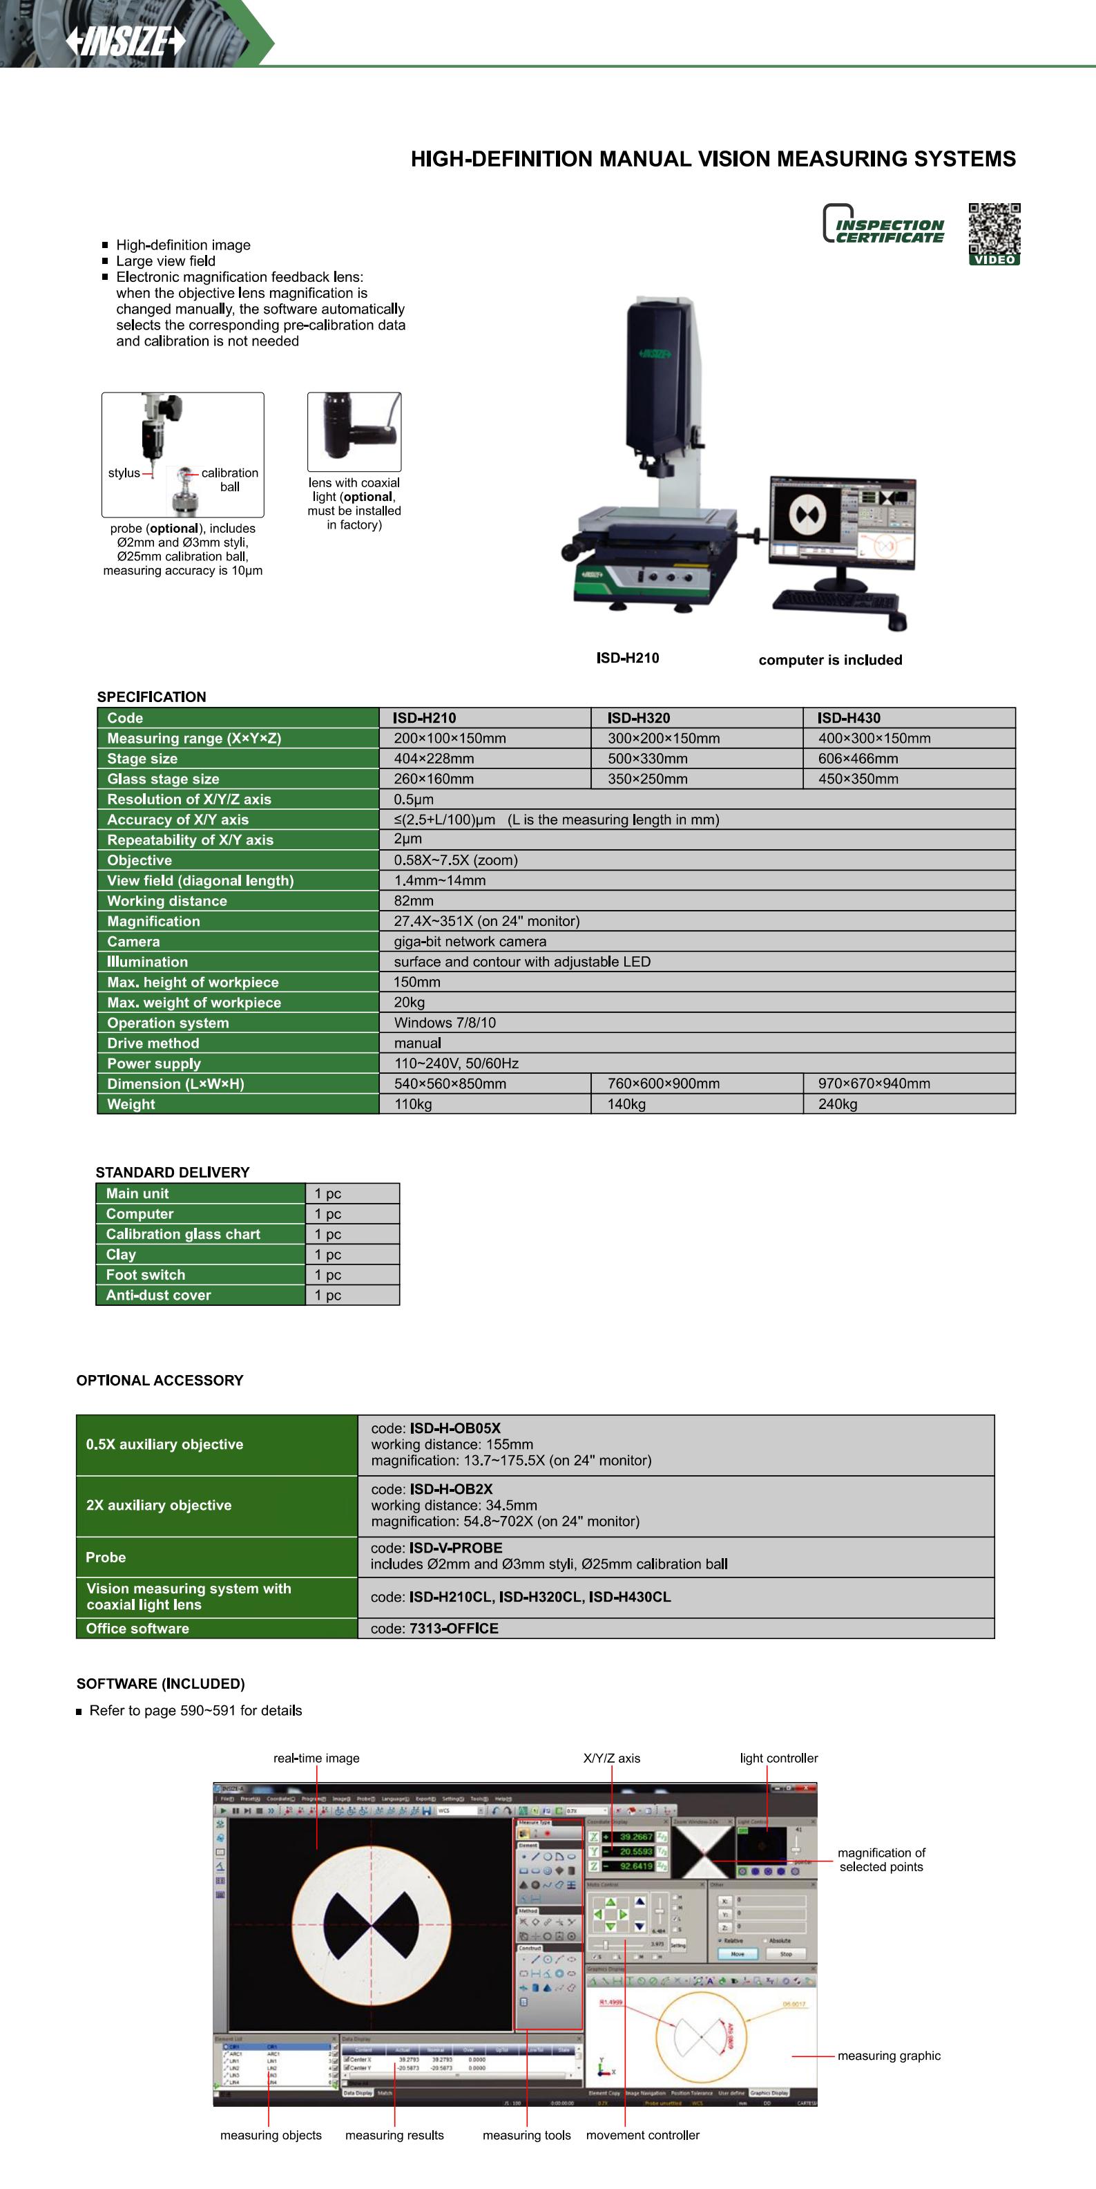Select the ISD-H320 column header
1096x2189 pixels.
click(x=638, y=718)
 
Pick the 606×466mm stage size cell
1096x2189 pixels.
click(x=858, y=759)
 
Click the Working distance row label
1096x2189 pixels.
click(x=166, y=901)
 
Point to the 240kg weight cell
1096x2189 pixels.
click(x=838, y=1104)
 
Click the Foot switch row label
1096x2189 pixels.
click(x=145, y=1275)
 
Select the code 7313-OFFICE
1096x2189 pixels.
click(x=454, y=1628)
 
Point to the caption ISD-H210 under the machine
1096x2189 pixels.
click(x=627, y=658)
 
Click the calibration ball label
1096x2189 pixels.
click(x=229, y=480)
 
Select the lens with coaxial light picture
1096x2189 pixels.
click(x=354, y=431)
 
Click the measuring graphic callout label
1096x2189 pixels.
click(x=889, y=2056)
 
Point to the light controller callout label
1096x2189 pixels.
click(x=778, y=1758)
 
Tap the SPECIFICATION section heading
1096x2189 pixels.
click(x=151, y=696)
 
